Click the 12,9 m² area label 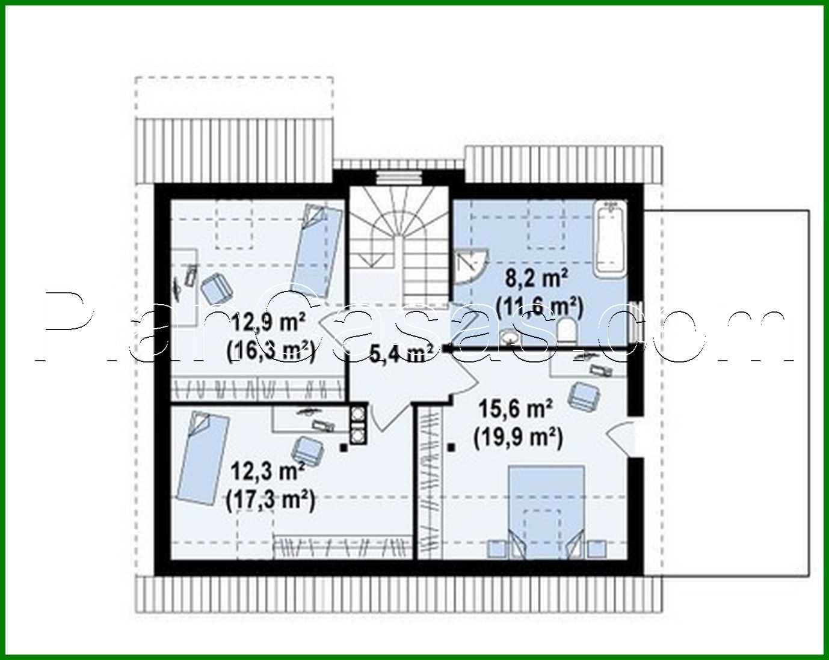(x=268, y=325)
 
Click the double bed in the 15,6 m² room (x=547, y=508)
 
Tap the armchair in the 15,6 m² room (x=584, y=395)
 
